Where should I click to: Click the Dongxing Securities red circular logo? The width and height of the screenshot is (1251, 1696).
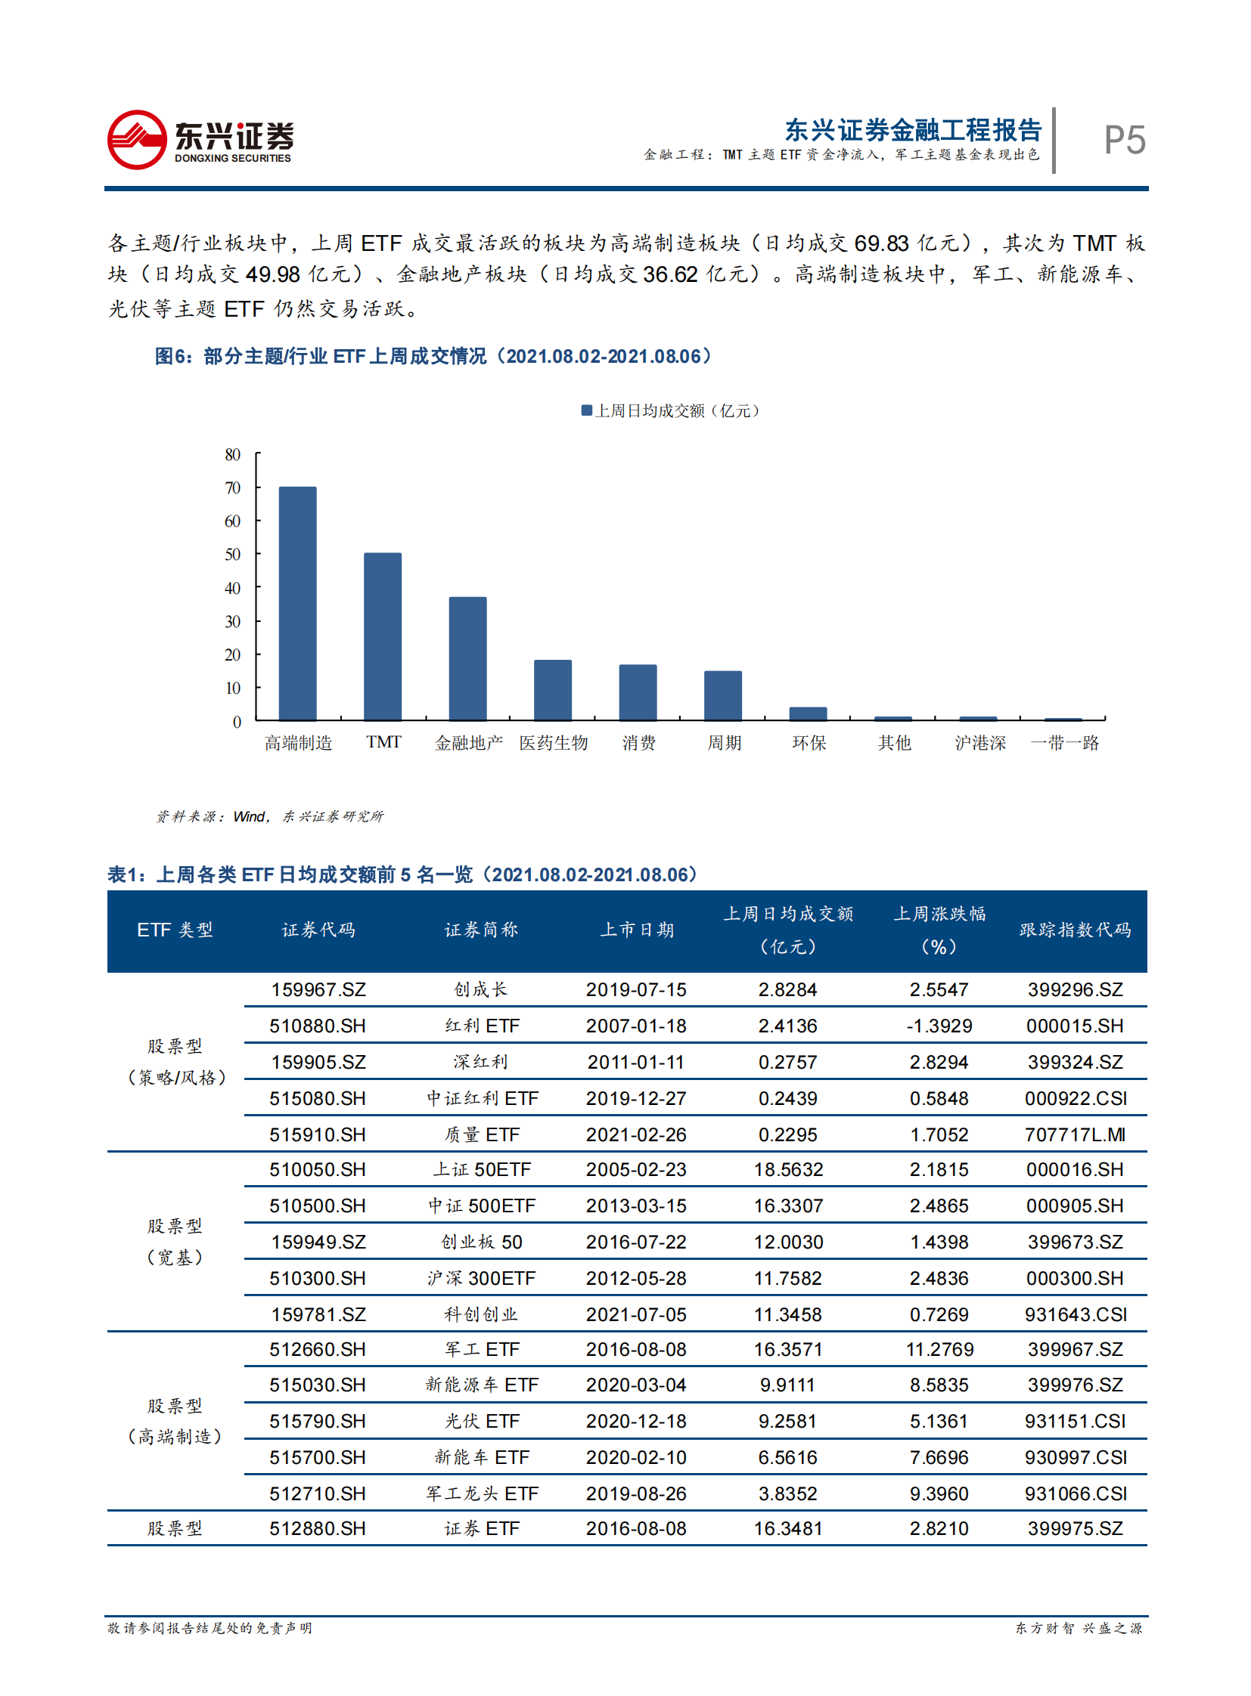point(137,140)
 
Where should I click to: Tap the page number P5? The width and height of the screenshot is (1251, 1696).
point(1124,141)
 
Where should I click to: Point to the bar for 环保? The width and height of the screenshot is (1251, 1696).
point(808,713)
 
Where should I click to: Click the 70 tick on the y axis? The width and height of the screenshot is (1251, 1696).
point(232,488)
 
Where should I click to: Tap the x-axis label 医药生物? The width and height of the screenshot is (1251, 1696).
point(553,743)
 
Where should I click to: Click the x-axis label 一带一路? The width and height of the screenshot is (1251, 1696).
point(1064,743)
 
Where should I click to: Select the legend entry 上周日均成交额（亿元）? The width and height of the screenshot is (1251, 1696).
point(670,411)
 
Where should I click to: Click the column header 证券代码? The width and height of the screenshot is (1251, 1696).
point(318,930)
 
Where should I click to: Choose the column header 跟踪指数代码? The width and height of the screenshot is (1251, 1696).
point(1075,930)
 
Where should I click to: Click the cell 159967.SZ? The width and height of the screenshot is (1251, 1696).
point(318,990)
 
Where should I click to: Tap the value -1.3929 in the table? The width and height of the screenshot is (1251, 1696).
point(939,1026)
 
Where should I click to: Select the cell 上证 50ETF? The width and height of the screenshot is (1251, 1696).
point(482,1170)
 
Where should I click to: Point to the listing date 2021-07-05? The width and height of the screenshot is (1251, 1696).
point(636,1315)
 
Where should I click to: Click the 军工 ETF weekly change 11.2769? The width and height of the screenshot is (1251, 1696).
point(939,1350)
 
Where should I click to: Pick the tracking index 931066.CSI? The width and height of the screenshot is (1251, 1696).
point(1076,1495)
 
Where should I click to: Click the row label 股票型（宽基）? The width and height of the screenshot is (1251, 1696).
point(174,1242)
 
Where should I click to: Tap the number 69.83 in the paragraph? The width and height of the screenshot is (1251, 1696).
point(880,243)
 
